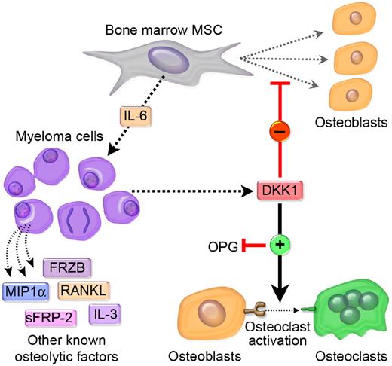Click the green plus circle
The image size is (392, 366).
point(278,246)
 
